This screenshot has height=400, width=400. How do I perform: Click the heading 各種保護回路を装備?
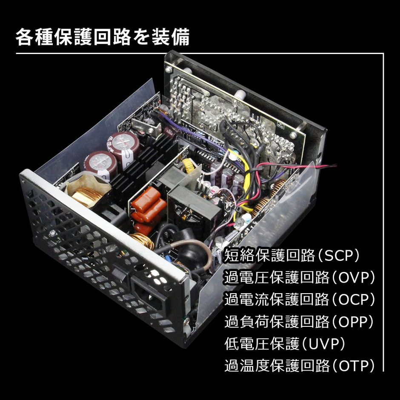tap(103, 37)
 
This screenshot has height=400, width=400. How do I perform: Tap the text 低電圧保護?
tap(262, 344)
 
